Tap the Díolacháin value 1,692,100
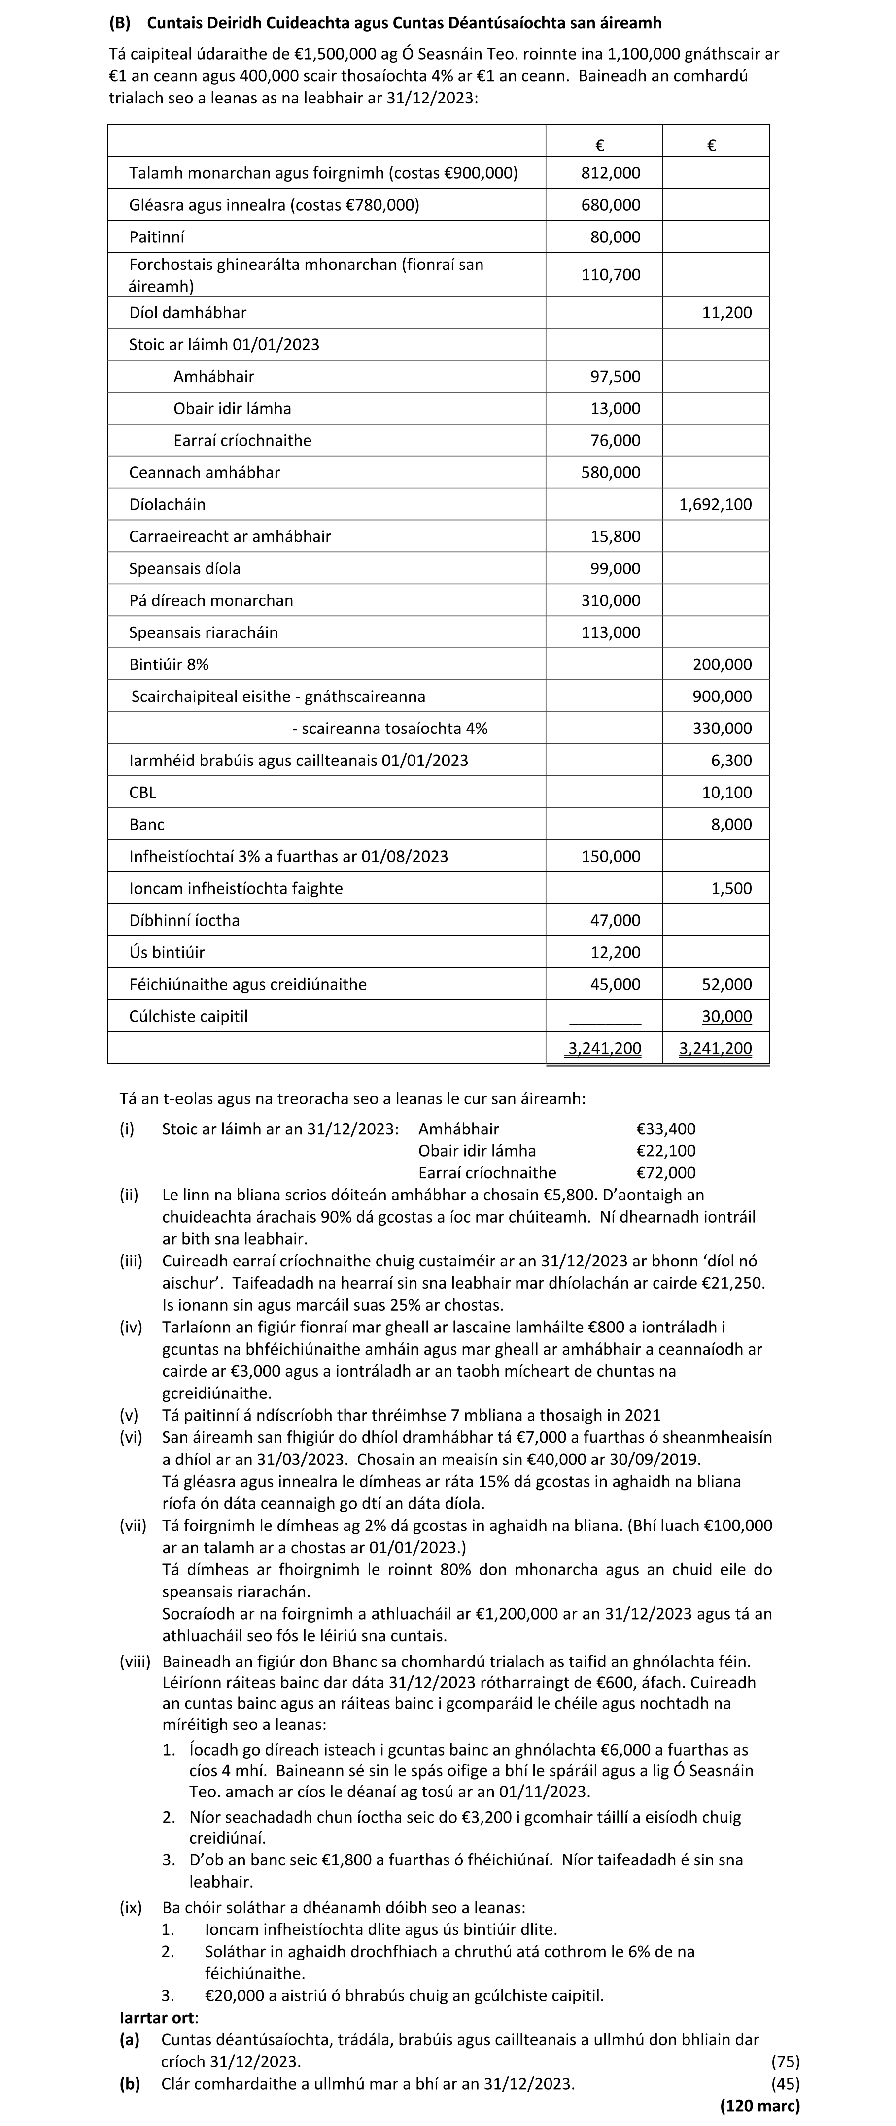(715, 505)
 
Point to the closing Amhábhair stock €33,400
(666, 1129)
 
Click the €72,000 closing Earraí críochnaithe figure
(666, 1173)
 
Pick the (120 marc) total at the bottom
(760, 2106)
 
